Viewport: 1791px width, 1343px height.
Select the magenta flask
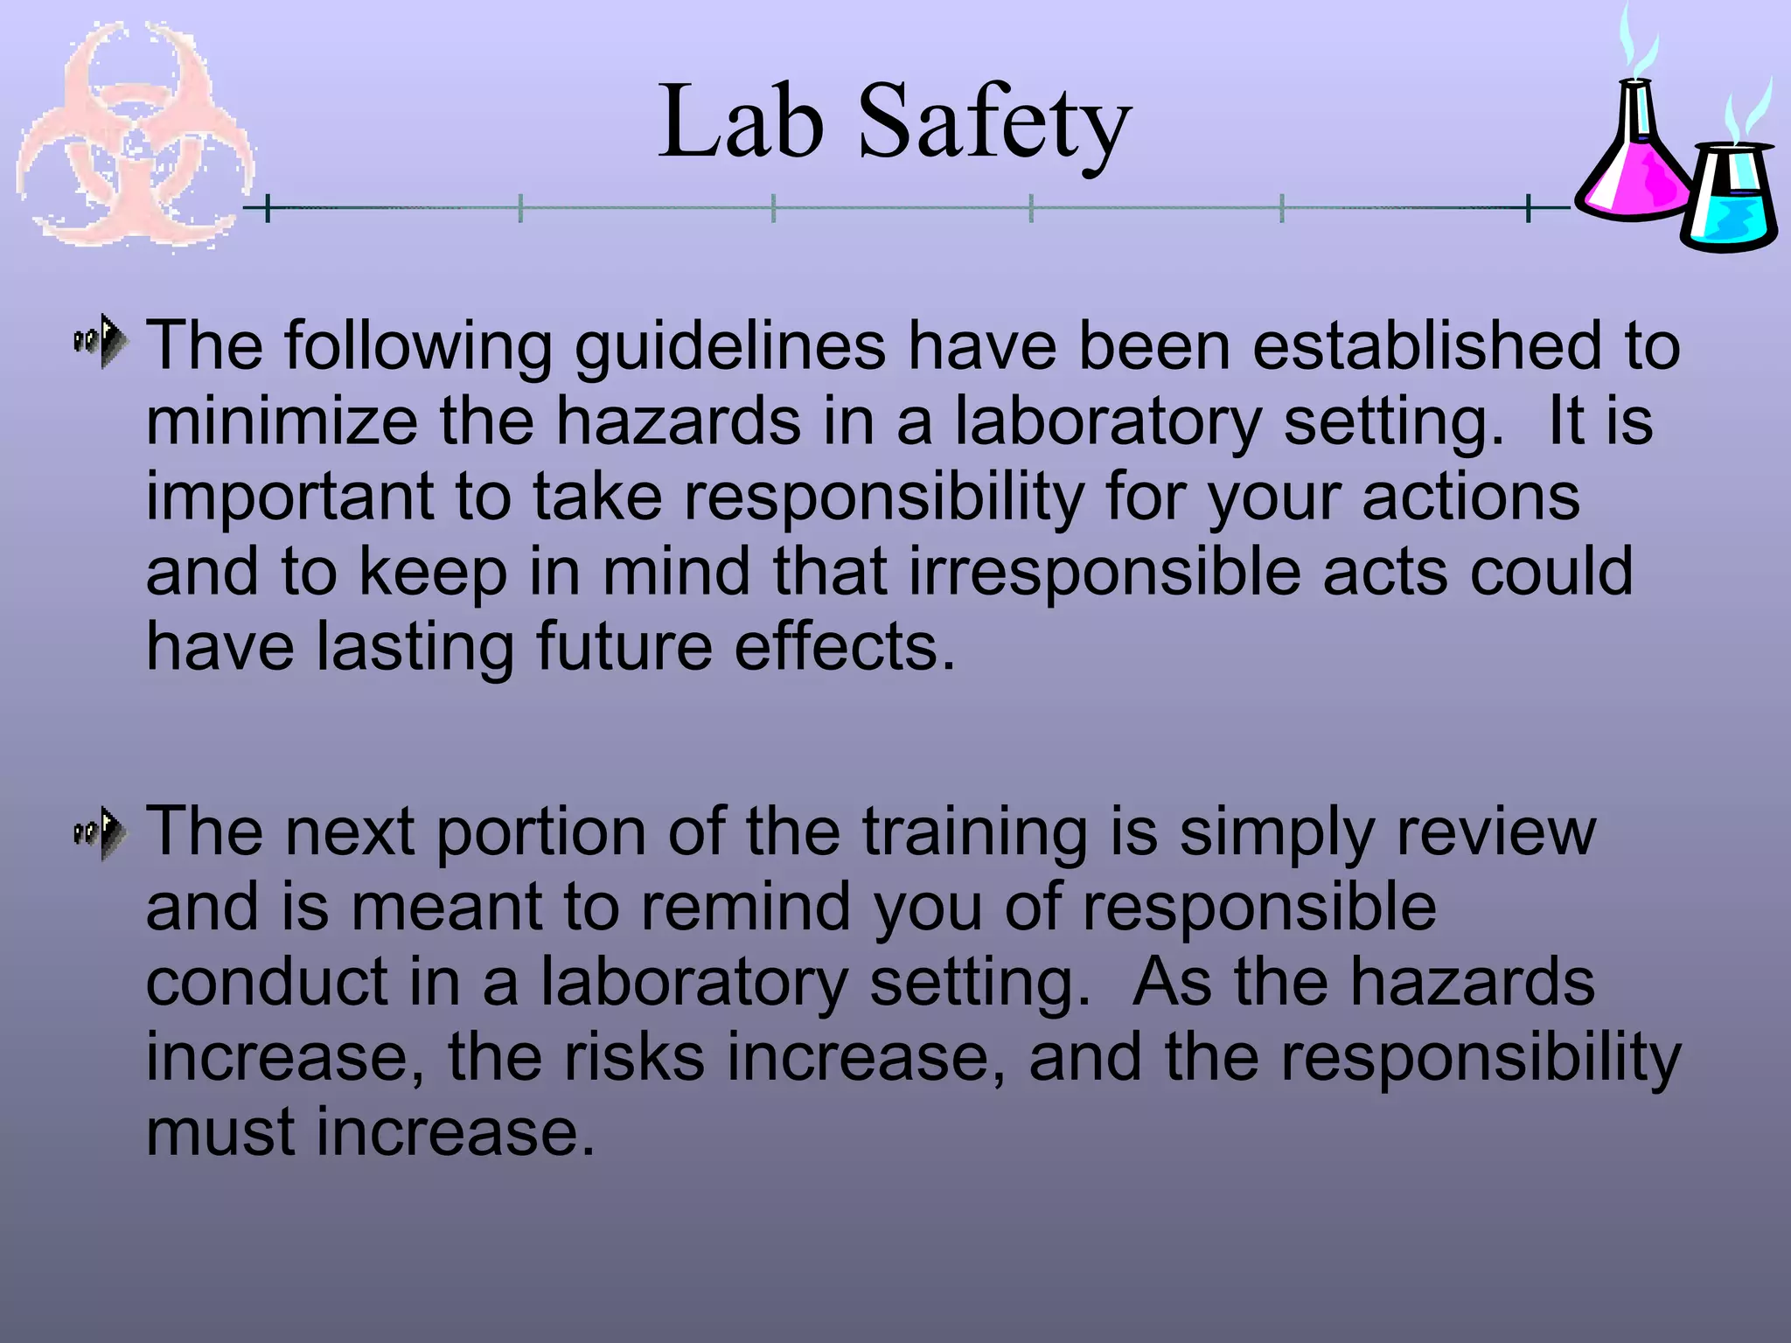[1634, 157]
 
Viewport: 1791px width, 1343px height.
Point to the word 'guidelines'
[730, 347]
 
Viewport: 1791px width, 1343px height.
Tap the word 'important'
[289, 498]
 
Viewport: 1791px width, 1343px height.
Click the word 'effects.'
[846, 648]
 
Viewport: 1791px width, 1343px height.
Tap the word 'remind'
[746, 908]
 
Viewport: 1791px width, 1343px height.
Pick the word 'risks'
[634, 1058]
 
